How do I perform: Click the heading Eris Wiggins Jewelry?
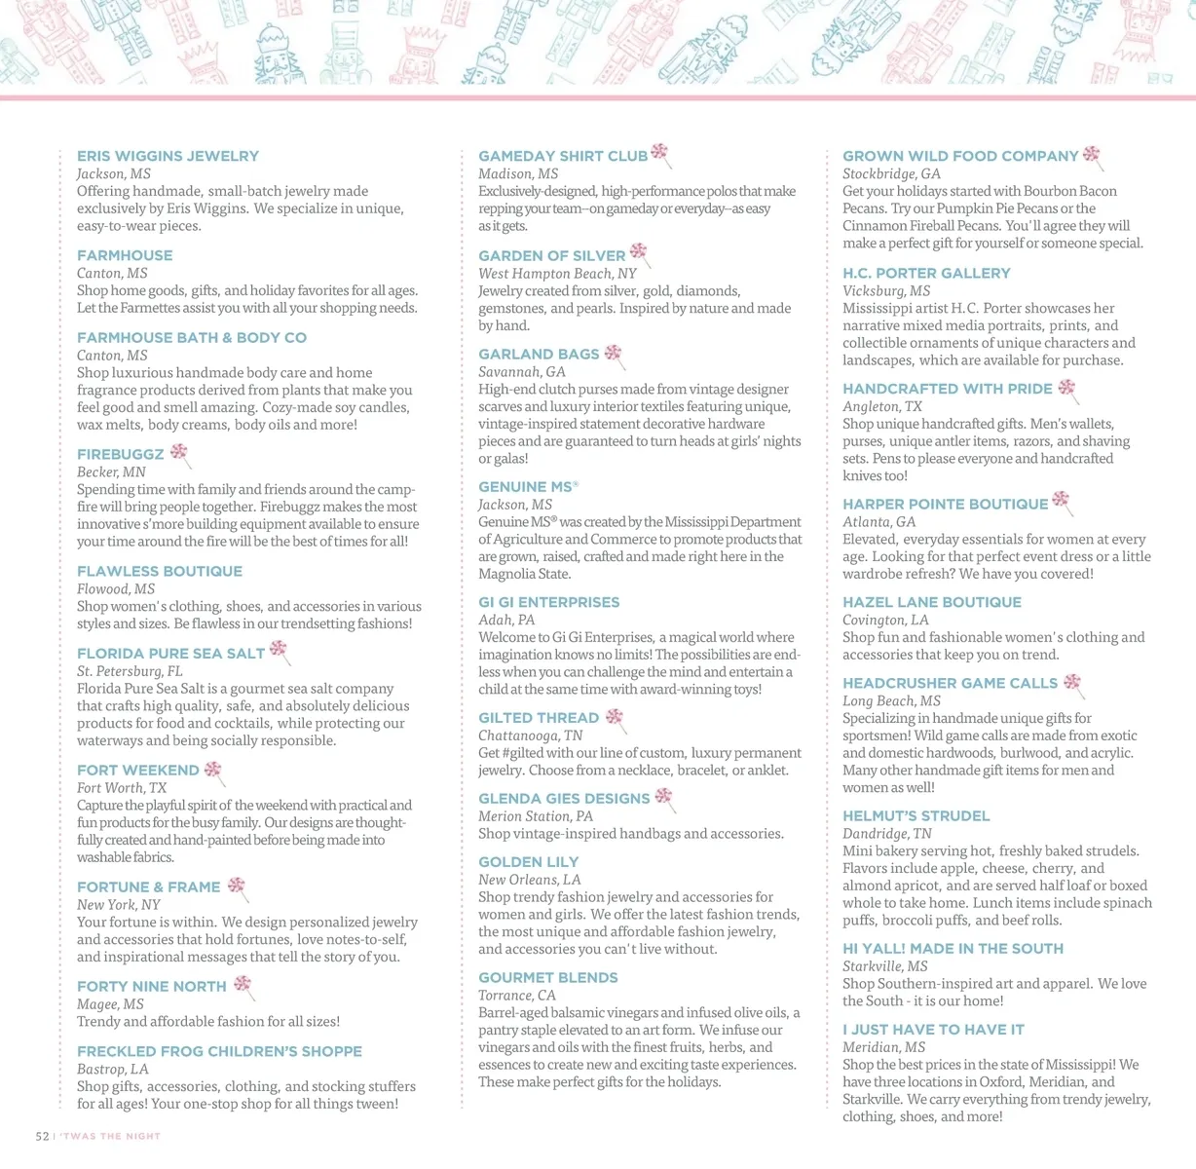pos(168,156)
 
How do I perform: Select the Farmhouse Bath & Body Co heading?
pos(192,338)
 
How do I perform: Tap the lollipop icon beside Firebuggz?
pos(179,453)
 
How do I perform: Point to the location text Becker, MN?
pos(111,472)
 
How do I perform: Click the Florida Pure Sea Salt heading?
pos(170,654)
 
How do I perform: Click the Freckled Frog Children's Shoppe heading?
pos(219,1052)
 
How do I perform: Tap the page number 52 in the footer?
pos(42,1137)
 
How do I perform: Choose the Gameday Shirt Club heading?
pos(563,156)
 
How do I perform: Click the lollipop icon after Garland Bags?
pos(614,355)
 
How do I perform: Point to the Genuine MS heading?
pos(525,487)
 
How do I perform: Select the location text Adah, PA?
pos(506,621)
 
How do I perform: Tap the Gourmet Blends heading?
pos(547,978)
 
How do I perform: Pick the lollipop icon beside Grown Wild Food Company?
pos(1092,155)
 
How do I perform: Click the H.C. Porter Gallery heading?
pos(926,274)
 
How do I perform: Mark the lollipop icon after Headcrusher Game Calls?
pos(1072,684)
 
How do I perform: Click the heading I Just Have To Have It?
pos(933,1030)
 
